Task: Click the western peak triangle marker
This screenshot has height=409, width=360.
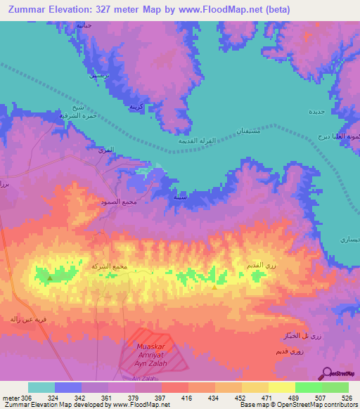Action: click(50, 278)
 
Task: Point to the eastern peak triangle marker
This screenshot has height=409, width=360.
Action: click(214, 286)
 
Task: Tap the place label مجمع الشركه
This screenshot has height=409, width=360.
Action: click(109, 266)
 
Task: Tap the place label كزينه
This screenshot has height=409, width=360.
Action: click(136, 106)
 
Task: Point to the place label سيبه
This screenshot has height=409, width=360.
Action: click(181, 197)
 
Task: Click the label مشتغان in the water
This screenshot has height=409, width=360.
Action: click(252, 131)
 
